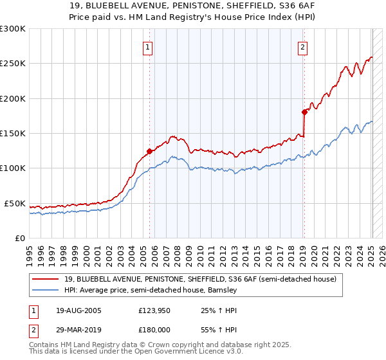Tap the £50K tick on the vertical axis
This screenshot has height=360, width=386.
pyautogui.click(x=15, y=203)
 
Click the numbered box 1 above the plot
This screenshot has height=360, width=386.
pyautogui.click(x=149, y=46)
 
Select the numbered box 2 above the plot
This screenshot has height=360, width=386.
pyautogui.click(x=302, y=46)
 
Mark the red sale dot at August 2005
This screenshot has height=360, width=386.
pyautogui.click(x=150, y=152)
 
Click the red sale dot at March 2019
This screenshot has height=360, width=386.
pyautogui.click(x=304, y=112)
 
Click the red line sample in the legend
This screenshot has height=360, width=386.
pyautogui.click(x=46, y=279)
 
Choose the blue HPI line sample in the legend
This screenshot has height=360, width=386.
pyautogui.click(x=46, y=290)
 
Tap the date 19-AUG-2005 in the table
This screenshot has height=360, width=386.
pyautogui.click(x=78, y=310)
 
